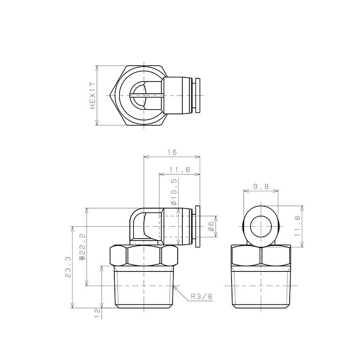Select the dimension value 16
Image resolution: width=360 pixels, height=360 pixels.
coord(172,152)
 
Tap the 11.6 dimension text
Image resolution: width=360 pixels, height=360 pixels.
coord(180,170)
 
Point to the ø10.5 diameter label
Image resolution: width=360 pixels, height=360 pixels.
coord(174,192)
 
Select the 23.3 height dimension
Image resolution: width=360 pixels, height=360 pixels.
coord(67,267)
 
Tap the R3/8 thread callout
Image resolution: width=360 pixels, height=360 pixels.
coord(202,297)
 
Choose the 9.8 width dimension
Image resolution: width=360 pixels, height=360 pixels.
coord(261,186)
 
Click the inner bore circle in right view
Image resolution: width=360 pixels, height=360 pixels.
coord(261,227)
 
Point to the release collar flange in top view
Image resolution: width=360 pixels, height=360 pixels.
coord(198,96)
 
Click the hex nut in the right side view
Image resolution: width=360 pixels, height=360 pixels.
coord(261,256)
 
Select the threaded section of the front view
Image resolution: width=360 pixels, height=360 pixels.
coord(144,286)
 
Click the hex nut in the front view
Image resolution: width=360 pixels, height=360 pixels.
coord(144,256)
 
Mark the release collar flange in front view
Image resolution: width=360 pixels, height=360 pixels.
coord(198,226)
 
